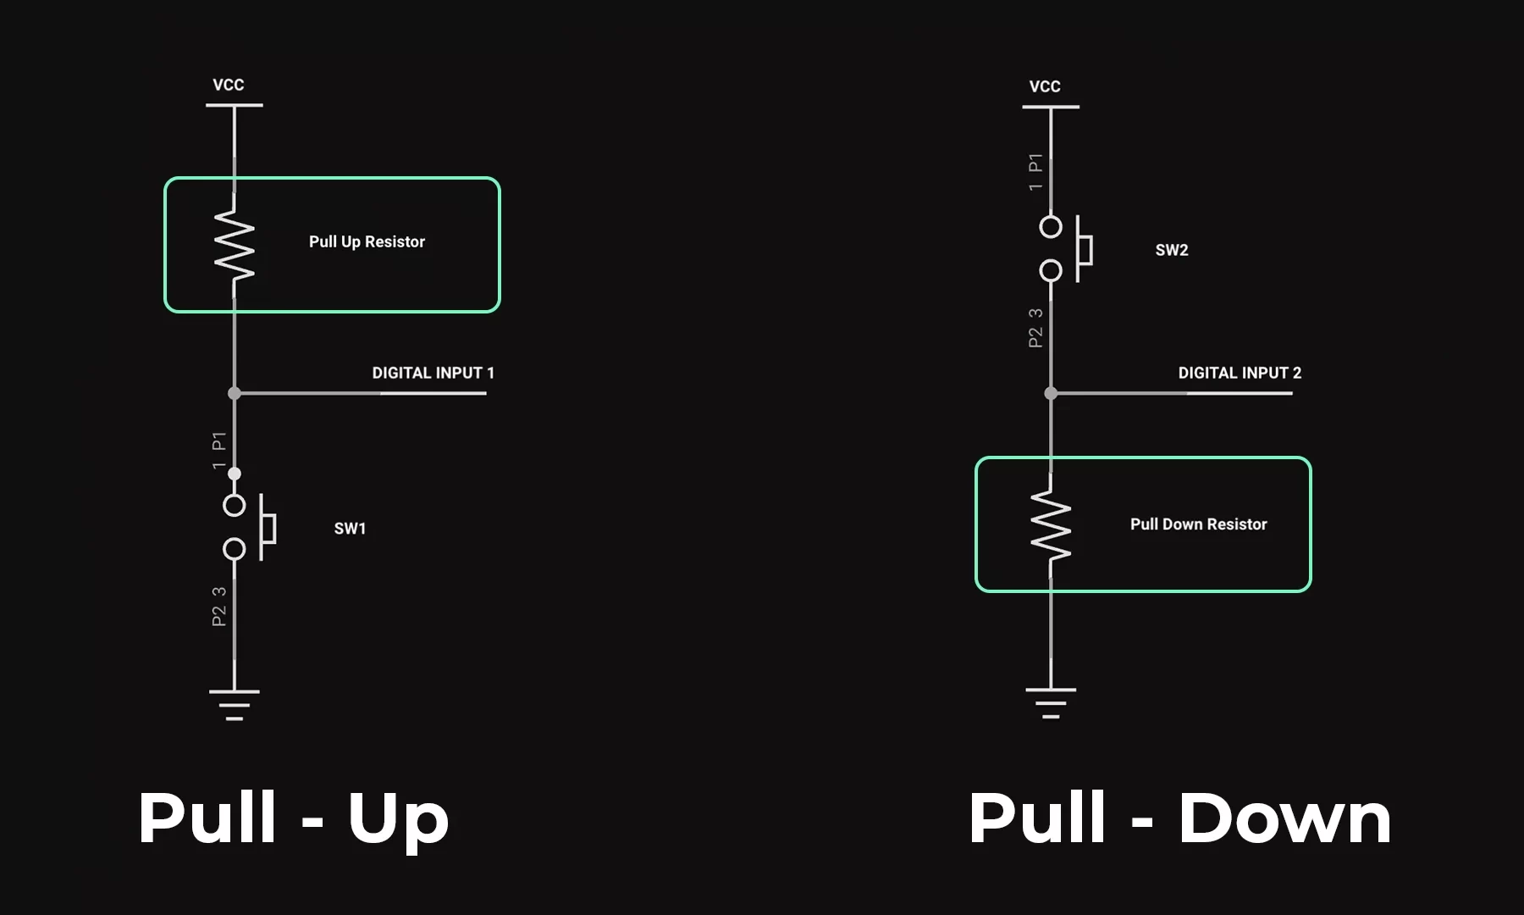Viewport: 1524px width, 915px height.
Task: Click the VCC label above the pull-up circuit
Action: point(228,85)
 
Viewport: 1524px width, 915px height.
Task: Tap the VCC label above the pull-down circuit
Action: point(1044,86)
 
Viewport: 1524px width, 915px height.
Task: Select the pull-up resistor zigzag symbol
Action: point(235,246)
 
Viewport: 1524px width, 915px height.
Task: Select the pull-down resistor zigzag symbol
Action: point(1051,525)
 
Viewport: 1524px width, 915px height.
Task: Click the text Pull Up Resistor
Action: point(367,241)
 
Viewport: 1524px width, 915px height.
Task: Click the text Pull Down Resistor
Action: point(1198,524)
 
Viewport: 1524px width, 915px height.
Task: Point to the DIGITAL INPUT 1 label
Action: point(433,373)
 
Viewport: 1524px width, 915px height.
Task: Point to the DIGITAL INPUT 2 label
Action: point(1240,373)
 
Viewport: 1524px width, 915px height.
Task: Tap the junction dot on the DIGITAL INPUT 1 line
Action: point(235,393)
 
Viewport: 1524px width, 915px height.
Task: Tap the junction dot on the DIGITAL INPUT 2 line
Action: point(1051,393)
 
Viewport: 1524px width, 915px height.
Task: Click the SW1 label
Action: point(350,529)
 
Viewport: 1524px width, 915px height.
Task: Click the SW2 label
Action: point(1172,250)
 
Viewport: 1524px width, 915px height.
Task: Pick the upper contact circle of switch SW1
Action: point(235,506)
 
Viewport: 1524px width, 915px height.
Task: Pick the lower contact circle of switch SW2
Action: point(1051,271)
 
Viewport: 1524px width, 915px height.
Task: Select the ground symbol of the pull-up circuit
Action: point(235,704)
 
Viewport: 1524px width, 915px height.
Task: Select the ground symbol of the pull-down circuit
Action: point(1051,702)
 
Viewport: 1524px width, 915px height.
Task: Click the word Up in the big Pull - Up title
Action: point(398,818)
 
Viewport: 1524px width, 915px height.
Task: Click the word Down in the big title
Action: point(1284,818)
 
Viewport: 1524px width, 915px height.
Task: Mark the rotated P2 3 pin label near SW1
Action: point(219,607)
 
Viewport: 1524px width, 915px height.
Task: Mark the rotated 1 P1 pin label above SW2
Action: point(1035,172)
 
